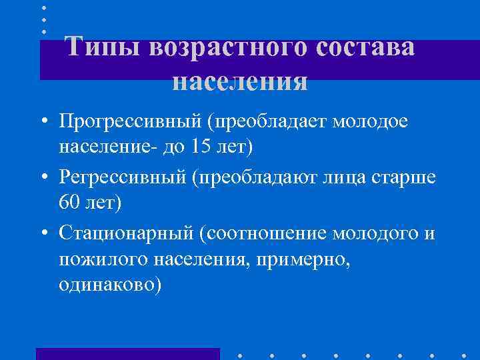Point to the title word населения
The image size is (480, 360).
240,81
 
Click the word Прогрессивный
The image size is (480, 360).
129,122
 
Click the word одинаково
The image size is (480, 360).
109,285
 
